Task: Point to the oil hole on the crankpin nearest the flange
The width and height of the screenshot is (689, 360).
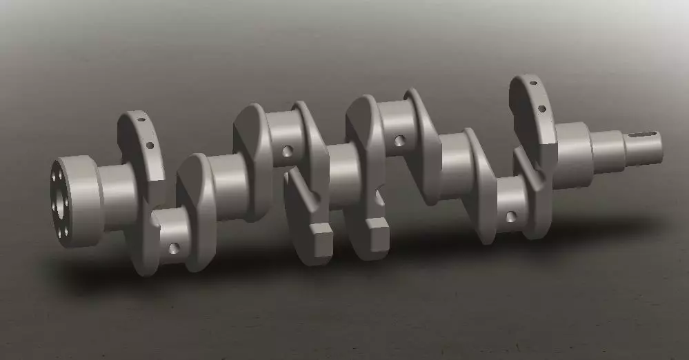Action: coord(174,248)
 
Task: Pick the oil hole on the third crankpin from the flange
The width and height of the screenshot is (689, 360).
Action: coord(399,141)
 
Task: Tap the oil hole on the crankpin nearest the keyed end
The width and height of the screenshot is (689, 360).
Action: coord(510,217)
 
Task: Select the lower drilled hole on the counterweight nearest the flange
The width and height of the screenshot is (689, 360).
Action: coord(150,145)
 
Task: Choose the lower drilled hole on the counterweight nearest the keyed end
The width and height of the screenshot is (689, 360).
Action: coord(542,108)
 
